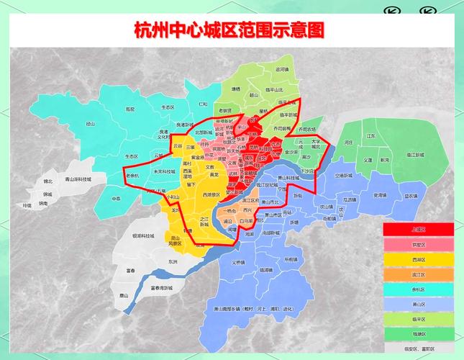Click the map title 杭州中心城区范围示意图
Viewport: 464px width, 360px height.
click(x=229, y=30)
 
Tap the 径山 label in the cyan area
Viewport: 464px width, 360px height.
click(x=91, y=124)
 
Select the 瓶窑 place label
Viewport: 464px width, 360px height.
click(x=130, y=109)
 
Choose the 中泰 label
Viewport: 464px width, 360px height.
click(x=117, y=198)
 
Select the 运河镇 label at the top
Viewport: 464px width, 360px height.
click(x=282, y=70)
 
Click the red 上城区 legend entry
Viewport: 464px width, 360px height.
click(x=418, y=229)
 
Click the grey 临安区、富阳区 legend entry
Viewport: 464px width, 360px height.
click(x=418, y=348)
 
